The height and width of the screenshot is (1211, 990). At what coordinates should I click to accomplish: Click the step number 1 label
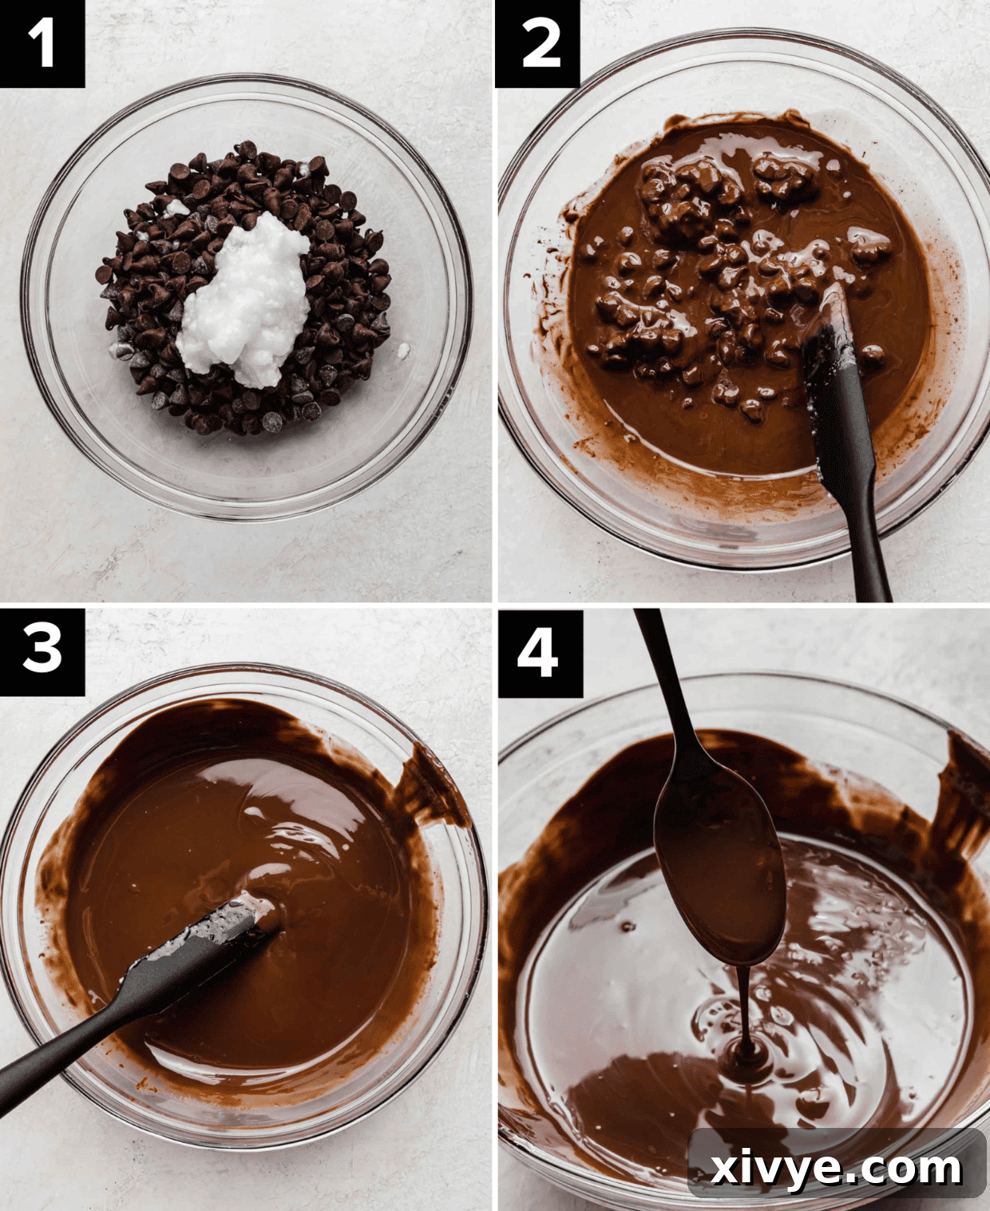point(42,43)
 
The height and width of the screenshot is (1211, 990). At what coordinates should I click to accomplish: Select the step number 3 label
point(42,650)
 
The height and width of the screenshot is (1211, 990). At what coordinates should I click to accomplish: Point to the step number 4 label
point(538,652)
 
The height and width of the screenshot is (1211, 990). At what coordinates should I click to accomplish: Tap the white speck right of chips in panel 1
point(403,350)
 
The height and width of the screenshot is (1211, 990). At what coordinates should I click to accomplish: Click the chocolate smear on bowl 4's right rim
point(962,783)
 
